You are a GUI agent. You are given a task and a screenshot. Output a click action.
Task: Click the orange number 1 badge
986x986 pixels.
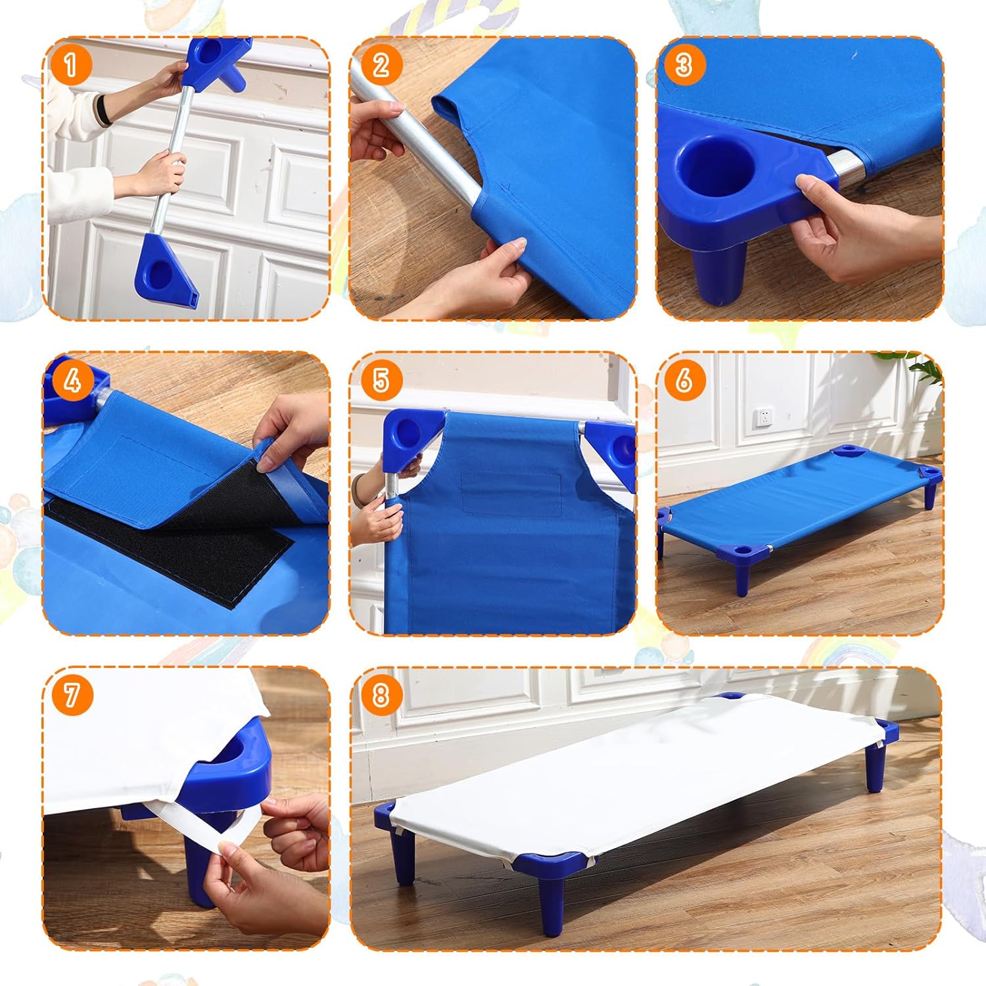point(70,65)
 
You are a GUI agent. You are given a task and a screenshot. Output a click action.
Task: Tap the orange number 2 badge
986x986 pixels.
point(381,65)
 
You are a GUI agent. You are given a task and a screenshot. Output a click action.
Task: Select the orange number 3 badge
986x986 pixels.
point(684,65)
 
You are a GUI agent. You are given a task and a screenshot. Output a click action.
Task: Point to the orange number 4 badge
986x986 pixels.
point(70,380)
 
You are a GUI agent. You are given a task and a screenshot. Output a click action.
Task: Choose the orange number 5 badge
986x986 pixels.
point(381,380)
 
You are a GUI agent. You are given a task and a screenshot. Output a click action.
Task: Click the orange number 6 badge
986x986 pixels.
point(684,380)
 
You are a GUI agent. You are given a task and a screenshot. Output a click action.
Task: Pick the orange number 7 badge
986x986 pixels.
point(70,695)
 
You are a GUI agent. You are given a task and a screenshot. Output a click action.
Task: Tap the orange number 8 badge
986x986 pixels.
point(381,695)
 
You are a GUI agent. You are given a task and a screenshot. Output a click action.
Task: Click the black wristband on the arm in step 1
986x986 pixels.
point(104,108)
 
